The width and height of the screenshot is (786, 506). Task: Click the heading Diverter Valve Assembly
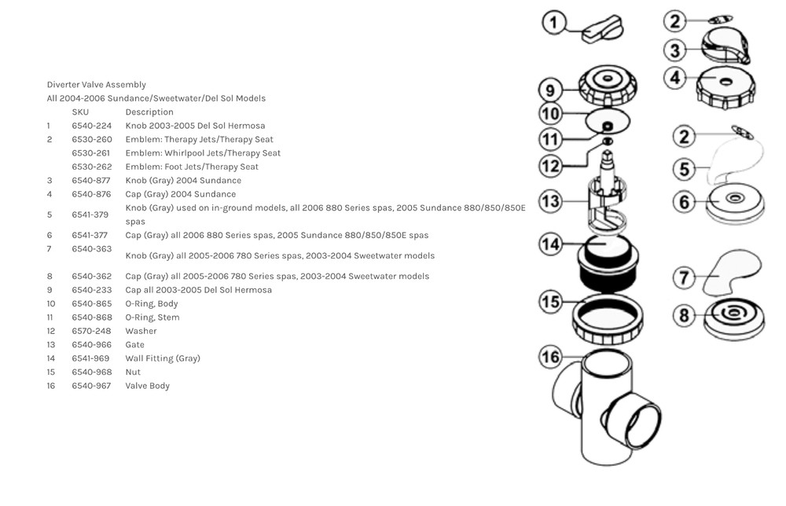click(x=96, y=85)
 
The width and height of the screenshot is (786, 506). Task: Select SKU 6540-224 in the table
click(x=91, y=126)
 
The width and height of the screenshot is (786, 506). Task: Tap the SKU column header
click(x=80, y=112)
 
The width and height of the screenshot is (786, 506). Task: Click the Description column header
click(x=149, y=112)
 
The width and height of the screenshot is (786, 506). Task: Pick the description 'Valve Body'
click(x=147, y=386)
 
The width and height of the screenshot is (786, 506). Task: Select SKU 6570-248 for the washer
click(x=91, y=331)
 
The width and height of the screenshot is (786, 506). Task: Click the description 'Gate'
click(x=134, y=345)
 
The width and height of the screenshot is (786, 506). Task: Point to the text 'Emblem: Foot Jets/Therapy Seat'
click(x=191, y=167)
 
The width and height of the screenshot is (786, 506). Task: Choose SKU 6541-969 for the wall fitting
click(x=91, y=358)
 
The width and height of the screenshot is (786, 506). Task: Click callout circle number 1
click(x=554, y=23)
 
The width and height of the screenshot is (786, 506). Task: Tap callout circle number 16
click(x=551, y=357)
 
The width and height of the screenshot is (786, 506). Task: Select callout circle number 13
click(x=551, y=201)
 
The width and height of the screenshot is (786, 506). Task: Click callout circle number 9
click(x=551, y=90)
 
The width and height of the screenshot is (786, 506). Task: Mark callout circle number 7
click(x=685, y=277)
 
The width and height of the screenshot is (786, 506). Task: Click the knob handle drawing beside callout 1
click(x=603, y=30)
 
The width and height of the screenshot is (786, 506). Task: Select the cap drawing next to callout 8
click(x=733, y=317)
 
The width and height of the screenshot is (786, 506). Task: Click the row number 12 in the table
click(x=51, y=331)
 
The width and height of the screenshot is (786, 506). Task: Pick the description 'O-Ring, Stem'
click(x=152, y=317)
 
